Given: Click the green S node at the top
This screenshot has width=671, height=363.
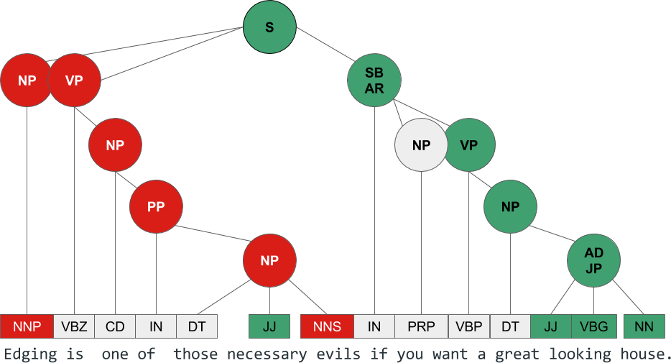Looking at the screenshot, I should [x=269, y=27].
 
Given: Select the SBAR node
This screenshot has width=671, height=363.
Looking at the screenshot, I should [x=374, y=81].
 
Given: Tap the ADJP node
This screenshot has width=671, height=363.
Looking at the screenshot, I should [x=593, y=260].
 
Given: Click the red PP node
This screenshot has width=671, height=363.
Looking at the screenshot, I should [x=156, y=207].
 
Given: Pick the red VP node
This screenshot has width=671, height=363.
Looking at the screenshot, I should [x=75, y=81].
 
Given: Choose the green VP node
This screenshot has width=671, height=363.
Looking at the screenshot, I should [x=469, y=145].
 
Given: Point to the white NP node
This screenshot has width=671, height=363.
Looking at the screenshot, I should [x=421, y=145].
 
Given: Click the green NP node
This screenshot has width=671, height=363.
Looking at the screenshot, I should [x=510, y=207].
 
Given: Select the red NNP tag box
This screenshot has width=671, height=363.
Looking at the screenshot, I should [x=27, y=326].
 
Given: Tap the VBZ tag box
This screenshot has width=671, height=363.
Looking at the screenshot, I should [x=74, y=326].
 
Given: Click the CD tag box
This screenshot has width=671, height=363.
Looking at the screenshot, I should [x=115, y=326].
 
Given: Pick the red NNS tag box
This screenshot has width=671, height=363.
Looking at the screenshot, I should [x=327, y=326].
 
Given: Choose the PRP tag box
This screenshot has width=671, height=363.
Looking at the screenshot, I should [x=421, y=326].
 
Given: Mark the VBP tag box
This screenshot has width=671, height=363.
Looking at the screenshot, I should [x=469, y=326].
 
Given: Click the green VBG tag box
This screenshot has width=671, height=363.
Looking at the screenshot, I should [x=593, y=326].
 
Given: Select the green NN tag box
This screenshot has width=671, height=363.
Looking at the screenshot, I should [x=644, y=326].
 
